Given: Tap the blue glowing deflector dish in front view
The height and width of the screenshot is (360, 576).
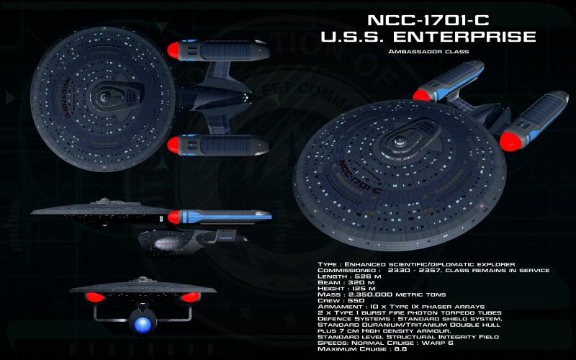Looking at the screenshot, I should coord(142,320).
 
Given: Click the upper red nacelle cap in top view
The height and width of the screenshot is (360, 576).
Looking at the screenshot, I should coord(178,50).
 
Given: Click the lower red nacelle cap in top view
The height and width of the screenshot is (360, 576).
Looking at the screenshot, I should coord(178,145).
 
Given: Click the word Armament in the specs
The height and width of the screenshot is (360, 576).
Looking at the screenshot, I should coord(337,307).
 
